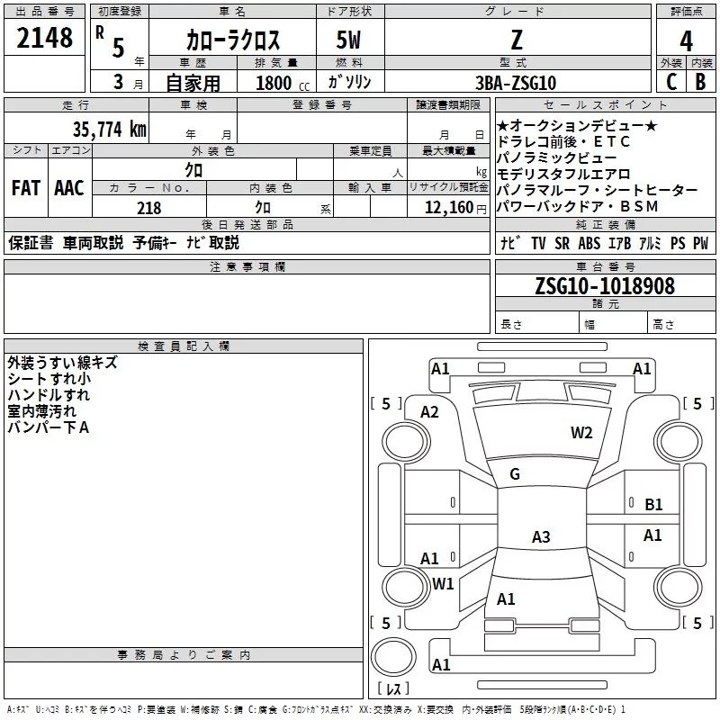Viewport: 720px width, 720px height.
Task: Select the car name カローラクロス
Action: [x=233, y=40]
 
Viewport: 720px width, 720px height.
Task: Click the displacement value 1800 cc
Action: [x=275, y=83]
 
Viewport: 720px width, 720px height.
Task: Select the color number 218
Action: [x=148, y=208]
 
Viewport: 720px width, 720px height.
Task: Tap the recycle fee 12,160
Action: [x=447, y=208]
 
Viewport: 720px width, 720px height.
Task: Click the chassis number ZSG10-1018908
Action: [x=604, y=286]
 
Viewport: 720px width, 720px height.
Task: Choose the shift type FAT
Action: [x=25, y=188]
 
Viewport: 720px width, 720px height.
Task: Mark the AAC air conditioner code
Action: [x=69, y=188]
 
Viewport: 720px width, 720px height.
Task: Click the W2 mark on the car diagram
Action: [x=581, y=432]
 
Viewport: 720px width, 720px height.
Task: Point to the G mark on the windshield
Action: [x=515, y=474]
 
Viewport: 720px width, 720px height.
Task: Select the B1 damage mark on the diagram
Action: [x=653, y=505]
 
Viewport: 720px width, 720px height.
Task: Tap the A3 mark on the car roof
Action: [x=540, y=537]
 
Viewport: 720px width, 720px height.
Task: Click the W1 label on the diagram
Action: [x=443, y=583]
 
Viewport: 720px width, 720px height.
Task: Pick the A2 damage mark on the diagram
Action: [x=429, y=412]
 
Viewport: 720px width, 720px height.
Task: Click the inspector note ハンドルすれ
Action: [x=49, y=395]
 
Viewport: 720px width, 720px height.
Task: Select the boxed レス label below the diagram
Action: [x=392, y=689]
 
